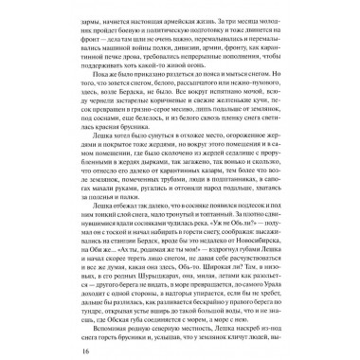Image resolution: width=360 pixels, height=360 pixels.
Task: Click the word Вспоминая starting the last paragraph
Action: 88,322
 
